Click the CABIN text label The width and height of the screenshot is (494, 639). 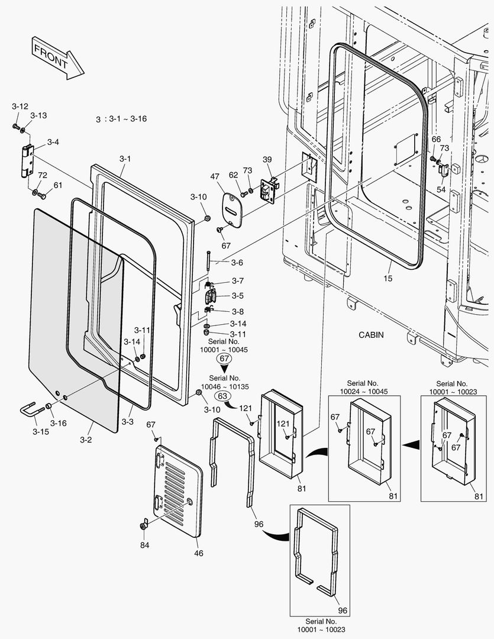(371, 335)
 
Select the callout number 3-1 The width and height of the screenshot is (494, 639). (125, 159)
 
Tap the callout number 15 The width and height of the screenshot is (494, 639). (388, 278)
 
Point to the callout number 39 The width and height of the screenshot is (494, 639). (267, 159)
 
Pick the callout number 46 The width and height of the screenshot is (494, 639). (199, 554)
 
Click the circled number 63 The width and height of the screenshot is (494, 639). (222, 396)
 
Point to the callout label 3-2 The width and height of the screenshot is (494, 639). (86, 440)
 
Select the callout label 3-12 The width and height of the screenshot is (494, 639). (20, 106)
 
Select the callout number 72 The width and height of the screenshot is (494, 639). (42, 175)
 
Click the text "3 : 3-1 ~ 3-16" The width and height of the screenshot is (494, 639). (121, 119)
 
